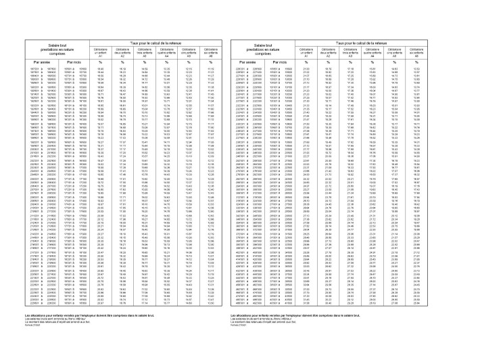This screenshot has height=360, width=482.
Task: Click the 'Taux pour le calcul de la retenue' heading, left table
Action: pos(156,43)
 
